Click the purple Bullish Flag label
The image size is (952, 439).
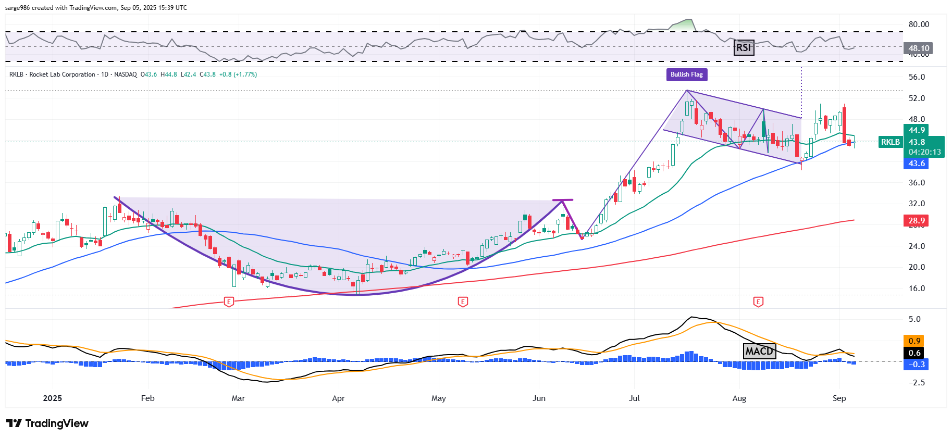click(x=686, y=74)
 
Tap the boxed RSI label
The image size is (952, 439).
click(x=744, y=48)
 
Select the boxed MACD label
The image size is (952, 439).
click(x=759, y=351)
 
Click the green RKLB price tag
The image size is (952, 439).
click(x=890, y=142)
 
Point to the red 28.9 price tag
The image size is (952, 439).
click(x=916, y=221)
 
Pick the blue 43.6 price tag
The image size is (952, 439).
click(x=916, y=164)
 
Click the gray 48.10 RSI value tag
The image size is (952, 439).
click(x=918, y=48)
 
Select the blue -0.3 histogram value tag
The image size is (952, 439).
click(x=916, y=365)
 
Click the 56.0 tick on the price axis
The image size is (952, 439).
click(x=917, y=77)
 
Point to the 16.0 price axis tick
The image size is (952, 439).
click(x=917, y=289)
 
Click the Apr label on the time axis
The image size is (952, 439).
click(x=338, y=398)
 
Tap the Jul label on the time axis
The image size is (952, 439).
click(x=634, y=398)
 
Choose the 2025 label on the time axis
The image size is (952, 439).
click(x=52, y=398)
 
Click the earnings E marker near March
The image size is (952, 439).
click(x=228, y=302)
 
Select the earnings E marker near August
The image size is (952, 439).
click(x=758, y=302)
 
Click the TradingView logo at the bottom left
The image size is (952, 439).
click(x=47, y=423)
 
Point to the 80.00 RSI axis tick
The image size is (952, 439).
click(x=918, y=24)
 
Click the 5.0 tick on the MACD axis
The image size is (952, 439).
click(x=914, y=319)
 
